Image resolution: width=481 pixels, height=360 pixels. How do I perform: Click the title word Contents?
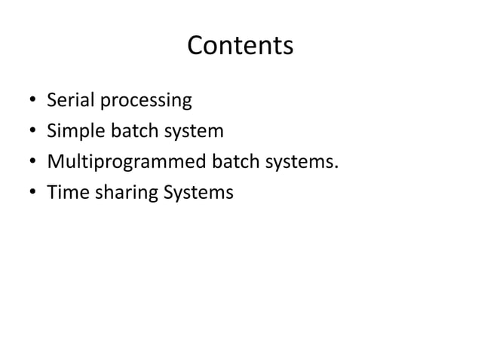click(240, 47)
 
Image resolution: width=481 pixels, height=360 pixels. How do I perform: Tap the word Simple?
click(72, 133)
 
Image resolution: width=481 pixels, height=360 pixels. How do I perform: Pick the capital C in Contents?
click(195, 47)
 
